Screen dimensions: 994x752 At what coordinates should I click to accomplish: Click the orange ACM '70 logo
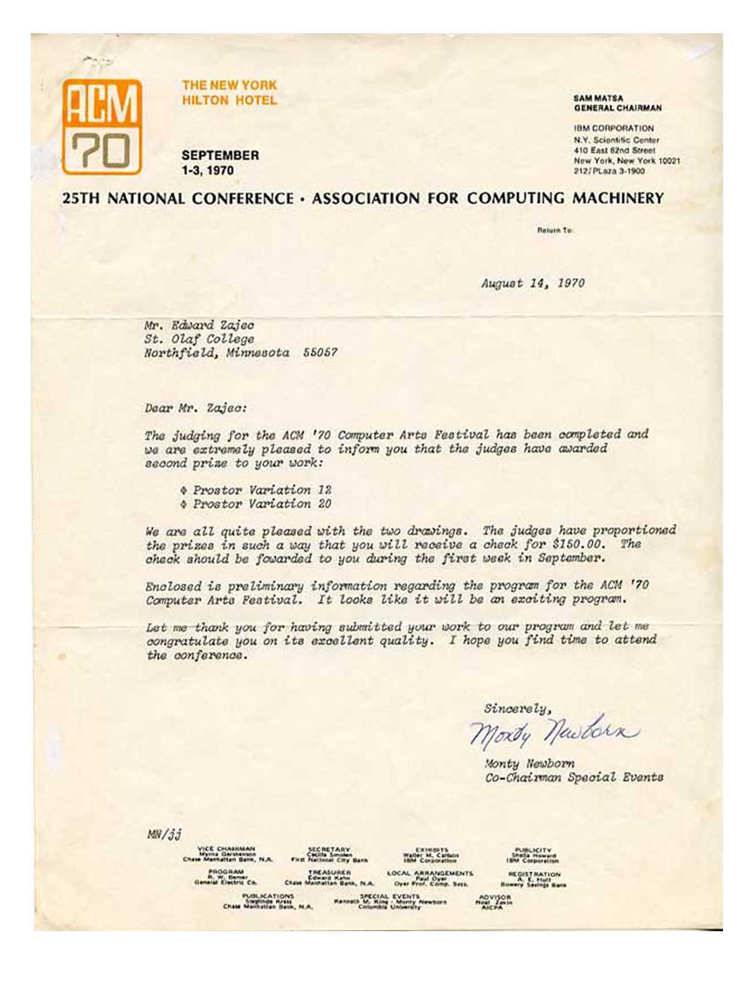(102, 127)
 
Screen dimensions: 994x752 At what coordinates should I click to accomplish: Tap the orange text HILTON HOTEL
(230, 100)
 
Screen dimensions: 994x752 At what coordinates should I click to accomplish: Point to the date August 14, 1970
(533, 283)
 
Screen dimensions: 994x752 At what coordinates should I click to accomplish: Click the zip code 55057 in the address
(320, 353)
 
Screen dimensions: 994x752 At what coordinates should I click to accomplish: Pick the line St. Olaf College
(199, 339)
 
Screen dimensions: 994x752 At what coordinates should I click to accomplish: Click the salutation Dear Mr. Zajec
(196, 408)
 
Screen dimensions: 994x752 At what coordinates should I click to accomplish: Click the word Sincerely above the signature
(517, 708)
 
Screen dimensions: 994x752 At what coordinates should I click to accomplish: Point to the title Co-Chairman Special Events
(574, 777)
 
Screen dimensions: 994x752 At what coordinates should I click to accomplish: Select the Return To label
(554, 230)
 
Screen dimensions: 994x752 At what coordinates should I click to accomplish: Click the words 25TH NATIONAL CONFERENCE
(178, 199)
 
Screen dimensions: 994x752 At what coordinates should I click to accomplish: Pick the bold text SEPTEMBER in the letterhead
(220, 155)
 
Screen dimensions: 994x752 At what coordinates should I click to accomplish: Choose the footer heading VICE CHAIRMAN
(227, 848)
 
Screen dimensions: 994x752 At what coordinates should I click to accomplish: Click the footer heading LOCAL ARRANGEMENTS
(430, 873)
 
